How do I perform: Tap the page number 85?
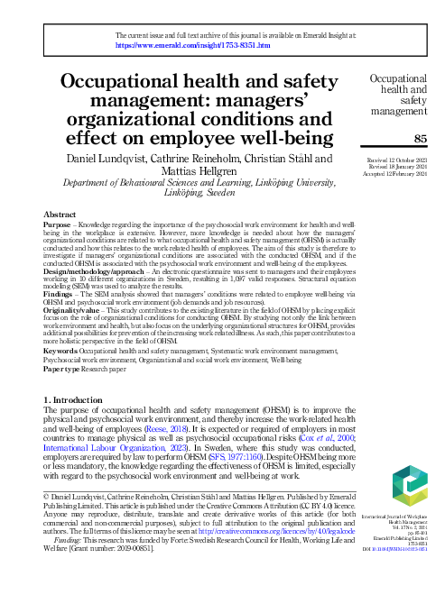pyautogui.click(x=419, y=138)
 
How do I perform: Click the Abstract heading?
pyautogui.click(x=60, y=215)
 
